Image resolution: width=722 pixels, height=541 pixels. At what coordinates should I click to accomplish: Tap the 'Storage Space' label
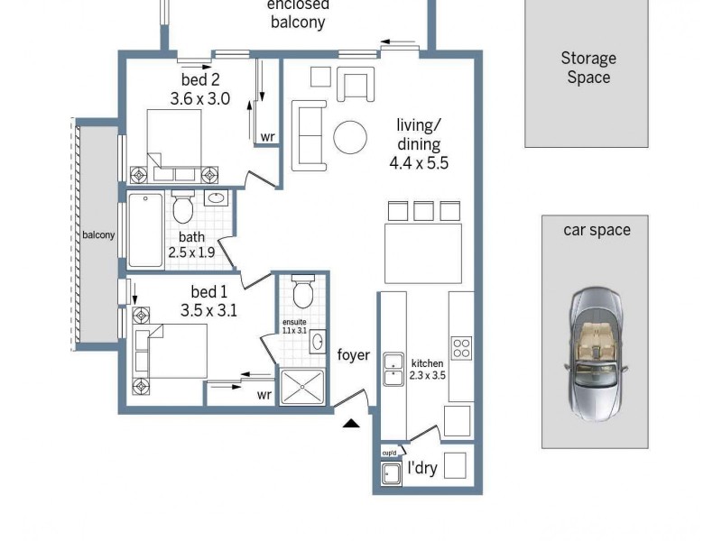pyautogui.click(x=588, y=68)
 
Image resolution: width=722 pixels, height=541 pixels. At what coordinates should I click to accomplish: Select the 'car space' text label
pyautogui.click(x=597, y=230)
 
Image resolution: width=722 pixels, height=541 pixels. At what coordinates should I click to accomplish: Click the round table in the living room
pyautogui.click(x=350, y=138)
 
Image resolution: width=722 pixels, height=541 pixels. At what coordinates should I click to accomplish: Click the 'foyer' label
pyautogui.click(x=354, y=355)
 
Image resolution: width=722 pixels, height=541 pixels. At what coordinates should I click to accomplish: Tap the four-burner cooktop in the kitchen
pyautogui.click(x=461, y=348)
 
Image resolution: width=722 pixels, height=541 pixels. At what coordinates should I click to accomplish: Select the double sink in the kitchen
pyautogui.click(x=393, y=368)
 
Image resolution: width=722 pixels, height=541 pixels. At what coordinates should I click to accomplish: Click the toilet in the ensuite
pyautogui.click(x=303, y=292)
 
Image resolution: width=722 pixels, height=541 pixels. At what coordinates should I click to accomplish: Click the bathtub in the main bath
pyautogui.click(x=144, y=230)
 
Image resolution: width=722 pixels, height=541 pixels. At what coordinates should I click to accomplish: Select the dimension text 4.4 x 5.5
pyautogui.click(x=419, y=163)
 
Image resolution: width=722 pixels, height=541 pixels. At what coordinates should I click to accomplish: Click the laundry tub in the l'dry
pyautogui.click(x=392, y=473)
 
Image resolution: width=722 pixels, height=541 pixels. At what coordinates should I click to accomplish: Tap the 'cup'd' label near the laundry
pyautogui.click(x=390, y=453)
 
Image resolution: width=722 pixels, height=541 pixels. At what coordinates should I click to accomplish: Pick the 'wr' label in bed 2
pyautogui.click(x=267, y=137)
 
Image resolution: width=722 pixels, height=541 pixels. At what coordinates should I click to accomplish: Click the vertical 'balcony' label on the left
pyautogui.click(x=98, y=235)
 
